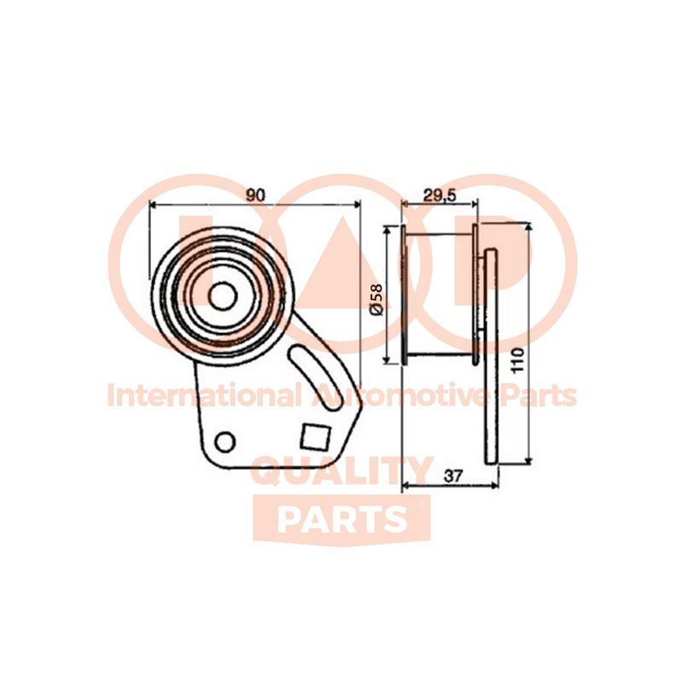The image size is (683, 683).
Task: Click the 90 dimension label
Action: [x=255, y=196]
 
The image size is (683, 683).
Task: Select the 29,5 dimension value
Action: [x=440, y=196]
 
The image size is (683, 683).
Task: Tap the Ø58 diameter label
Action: [x=376, y=299]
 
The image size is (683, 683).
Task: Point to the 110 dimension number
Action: [x=518, y=359]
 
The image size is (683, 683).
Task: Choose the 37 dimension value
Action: [x=453, y=476]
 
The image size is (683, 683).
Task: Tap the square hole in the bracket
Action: [x=315, y=437]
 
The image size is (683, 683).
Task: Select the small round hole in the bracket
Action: [x=225, y=441]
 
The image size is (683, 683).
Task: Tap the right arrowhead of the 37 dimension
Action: [x=493, y=485]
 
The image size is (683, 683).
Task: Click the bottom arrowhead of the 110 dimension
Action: [x=528, y=460]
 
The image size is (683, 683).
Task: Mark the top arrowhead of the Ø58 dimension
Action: [x=386, y=230]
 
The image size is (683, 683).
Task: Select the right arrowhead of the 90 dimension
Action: [x=357, y=203]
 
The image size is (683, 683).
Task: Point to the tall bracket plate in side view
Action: [x=491, y=356]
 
